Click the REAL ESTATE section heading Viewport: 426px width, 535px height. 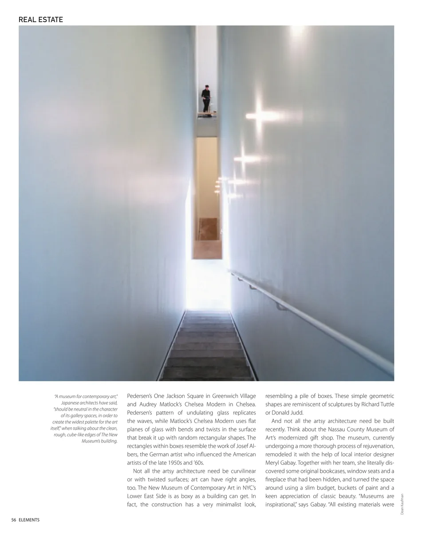[41, 20]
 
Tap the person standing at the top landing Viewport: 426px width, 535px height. [206, 98]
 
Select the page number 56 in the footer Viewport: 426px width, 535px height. [14, 520]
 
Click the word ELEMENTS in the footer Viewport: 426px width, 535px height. [29, 520]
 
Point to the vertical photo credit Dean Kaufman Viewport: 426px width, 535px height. [402, 504]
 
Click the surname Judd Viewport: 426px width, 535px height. [297, 413]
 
